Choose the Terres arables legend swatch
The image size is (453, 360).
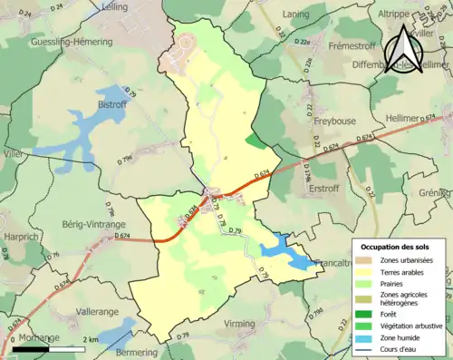[x=368, y=270]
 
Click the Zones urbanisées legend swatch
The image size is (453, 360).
[x=368, y=259]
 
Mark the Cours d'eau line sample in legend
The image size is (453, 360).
[x=368, y=346]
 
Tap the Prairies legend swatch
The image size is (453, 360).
[x=368, y=282]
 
